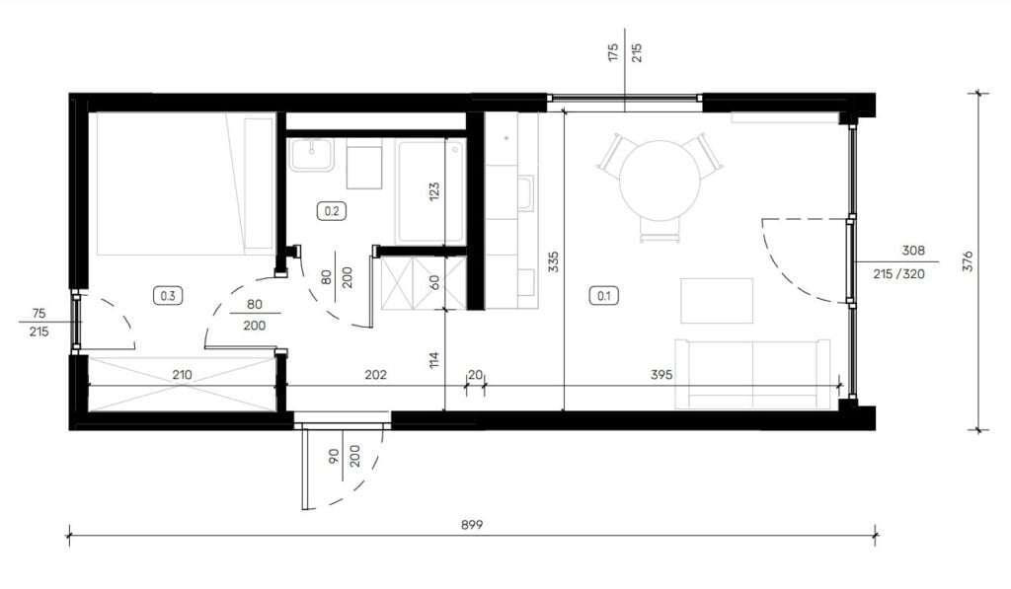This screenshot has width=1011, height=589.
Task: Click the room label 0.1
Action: (604, 296)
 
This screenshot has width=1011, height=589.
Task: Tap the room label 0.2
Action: (332, 211)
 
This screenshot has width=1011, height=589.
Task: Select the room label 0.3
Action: (168, 296)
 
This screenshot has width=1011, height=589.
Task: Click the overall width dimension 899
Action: (472, 525)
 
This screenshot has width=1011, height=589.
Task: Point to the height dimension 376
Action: (968, 261)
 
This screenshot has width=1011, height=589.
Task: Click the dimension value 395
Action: (661, 374)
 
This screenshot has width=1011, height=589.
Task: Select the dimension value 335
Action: (553, 261)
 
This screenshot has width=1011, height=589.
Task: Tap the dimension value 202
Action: (375, 374)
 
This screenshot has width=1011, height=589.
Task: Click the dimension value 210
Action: (182, 374)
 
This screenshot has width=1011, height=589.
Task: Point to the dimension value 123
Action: (434, 191)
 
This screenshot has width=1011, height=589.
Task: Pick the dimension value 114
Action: (434, 359)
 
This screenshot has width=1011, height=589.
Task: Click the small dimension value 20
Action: (475, 375)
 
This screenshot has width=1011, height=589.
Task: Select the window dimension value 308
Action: (913, 251)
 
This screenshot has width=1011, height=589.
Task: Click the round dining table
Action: (660, 181)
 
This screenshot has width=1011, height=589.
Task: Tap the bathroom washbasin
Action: (311, 155)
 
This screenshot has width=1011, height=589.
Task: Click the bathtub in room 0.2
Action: (431, 191)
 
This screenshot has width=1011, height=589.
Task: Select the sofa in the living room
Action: (752, 373)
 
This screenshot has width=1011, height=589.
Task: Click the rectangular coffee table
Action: (717, 300)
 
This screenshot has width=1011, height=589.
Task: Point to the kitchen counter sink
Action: (527, 194)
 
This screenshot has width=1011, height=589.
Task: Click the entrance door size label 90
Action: (334, 457)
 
